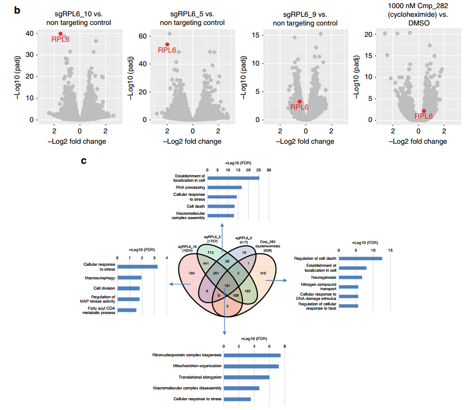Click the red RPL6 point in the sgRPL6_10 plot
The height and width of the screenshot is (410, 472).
pyautogui.click(x=60, y=34)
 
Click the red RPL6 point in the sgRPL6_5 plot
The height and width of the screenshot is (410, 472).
pyautogui.click(x=167, y=44)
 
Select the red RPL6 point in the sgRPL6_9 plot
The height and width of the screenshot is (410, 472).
pyautogui.click(x=300, y=101)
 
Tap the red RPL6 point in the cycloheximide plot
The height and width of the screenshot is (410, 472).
pyautogui.click(x=424, y=111)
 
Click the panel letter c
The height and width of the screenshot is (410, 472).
pyautogui.click(x=83, y=161)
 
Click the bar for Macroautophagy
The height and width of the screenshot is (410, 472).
pyautogui.click(x=130, y=278)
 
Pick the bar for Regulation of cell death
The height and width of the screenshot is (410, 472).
pyautogui.click(x=365, y=258)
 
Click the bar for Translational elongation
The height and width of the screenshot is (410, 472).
pyautogui.click(x=247, y=377)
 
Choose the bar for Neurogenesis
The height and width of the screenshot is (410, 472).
pyautogui.click(x=354, y=277)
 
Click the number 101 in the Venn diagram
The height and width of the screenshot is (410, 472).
pyautogui.click(x=228, y=285)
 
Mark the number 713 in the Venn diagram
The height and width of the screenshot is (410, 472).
pyautogui.click(x=210, y=253)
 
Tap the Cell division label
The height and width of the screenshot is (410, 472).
pyautogui.click(x=104, y=288)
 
